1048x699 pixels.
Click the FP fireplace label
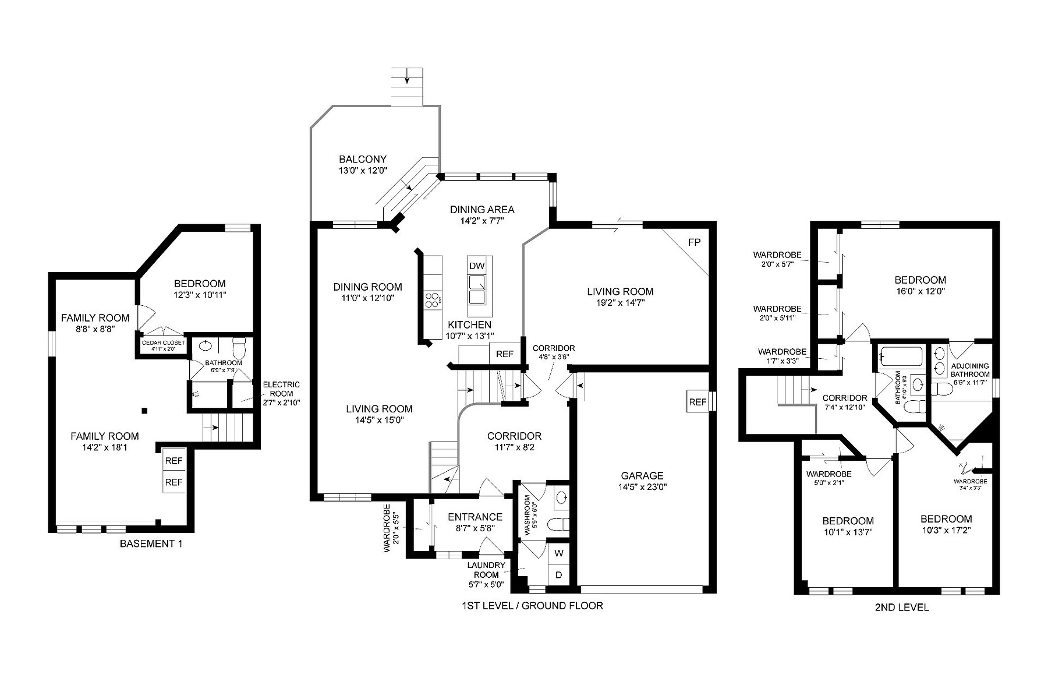[x=694, y=242]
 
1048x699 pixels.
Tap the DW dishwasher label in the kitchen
[x=477, y=266]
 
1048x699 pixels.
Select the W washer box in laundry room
[x=558, y=553]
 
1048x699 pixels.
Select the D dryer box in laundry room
[x=558, y=575]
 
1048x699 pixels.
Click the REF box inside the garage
[x=698, y=402]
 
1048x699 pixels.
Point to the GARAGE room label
[x=642, y=476]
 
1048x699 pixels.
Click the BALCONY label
[x=363, y=159]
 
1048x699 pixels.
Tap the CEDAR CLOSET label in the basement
[x=163, y=343]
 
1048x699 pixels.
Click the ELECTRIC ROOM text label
[x=281, y=389]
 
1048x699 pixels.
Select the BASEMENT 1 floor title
[x=151, y=544]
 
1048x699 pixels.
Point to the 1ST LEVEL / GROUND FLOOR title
[x=532, y=606]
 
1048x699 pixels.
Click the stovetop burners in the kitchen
[x=433, y=301]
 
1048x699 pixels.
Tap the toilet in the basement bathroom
[x=239, y=348]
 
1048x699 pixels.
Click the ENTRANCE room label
[x=475, y=517]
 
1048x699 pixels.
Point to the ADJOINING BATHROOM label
[x=969, y=370]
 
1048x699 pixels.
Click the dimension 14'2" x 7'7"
[x=481, y=221]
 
